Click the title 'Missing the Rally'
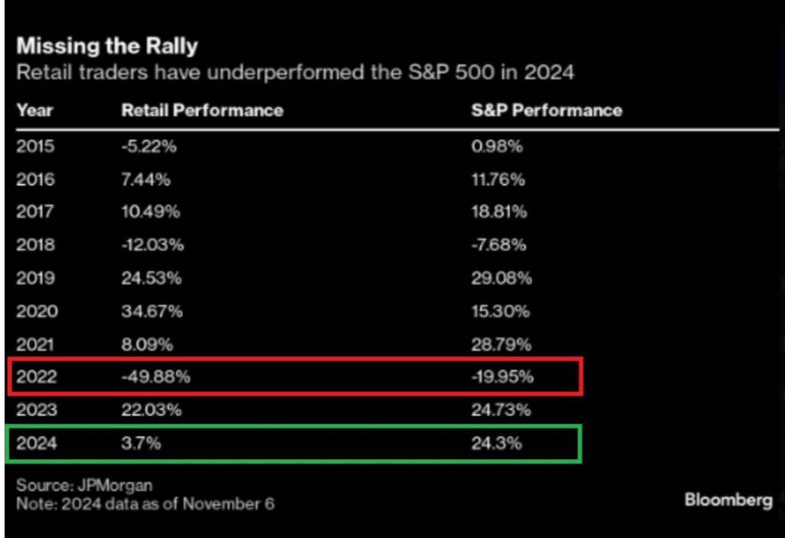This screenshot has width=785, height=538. pos(107,46)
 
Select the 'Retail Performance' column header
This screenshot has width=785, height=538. pos(202,111)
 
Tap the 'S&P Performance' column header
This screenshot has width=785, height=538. pos(547,111)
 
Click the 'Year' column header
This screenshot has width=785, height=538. pos(35,111)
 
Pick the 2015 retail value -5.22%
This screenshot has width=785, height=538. pos(149,146)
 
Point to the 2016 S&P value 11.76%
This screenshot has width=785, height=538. pos(498,180)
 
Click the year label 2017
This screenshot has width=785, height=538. pos(35,212)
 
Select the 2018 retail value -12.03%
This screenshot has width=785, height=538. pos(153,244)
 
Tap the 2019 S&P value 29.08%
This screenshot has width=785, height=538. pos(501,278)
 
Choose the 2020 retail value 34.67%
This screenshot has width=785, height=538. pos(152,311)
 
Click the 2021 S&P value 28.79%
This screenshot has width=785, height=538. pos(501,344)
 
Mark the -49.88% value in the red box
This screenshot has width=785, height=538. pos(156,376)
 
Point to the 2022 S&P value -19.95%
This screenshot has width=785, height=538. pos(502,376)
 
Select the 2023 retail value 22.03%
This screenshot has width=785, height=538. pos(151,410)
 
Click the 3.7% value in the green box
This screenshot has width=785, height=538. pos(141,443)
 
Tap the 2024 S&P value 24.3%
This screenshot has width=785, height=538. pos(496,443)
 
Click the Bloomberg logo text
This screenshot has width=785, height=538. pos(729,500)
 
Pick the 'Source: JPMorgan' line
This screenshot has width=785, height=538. pos(84,485)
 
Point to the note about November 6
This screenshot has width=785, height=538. pos(145,503)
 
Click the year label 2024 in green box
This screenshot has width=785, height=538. pos(36,443)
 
